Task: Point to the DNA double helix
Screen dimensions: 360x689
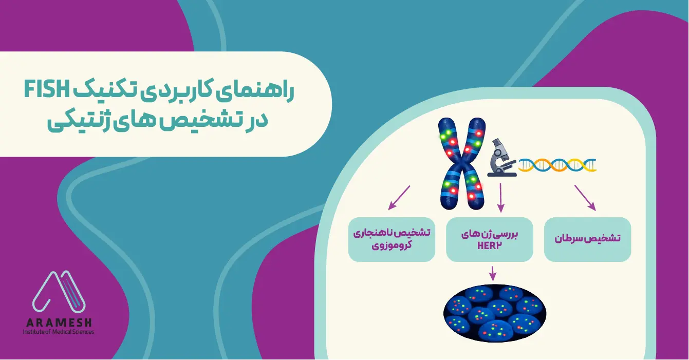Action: (x=557, y=165)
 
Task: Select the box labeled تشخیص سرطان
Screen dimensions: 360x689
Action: (x=587, y=239)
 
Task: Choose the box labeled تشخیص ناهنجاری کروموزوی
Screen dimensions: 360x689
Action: (x=392, y=239)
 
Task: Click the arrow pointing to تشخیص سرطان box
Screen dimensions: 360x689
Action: (x=585, y=198)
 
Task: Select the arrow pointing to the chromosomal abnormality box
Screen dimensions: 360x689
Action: (x=399, y=198)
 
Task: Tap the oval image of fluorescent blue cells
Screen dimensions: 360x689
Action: (x=494, y=314)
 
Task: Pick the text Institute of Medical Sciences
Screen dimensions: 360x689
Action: (x=59, y=332)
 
